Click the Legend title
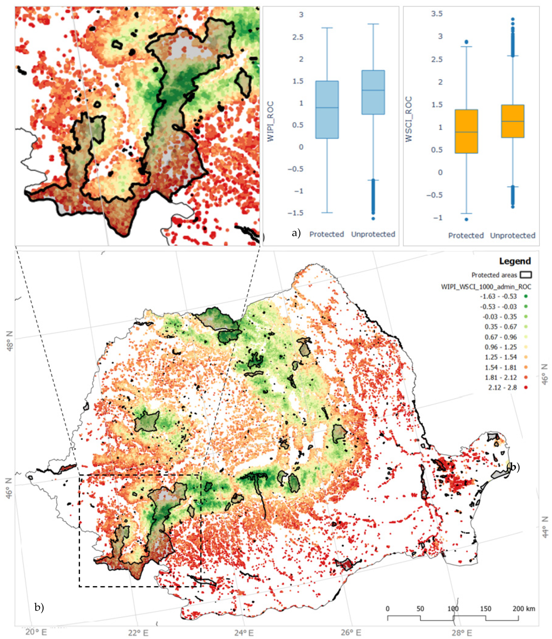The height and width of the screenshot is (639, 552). click(515, 261)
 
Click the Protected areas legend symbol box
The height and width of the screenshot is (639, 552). click(526, 275)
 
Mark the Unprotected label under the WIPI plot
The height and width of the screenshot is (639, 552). click(373, 234)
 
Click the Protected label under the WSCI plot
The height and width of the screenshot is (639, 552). click(466, 236)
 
